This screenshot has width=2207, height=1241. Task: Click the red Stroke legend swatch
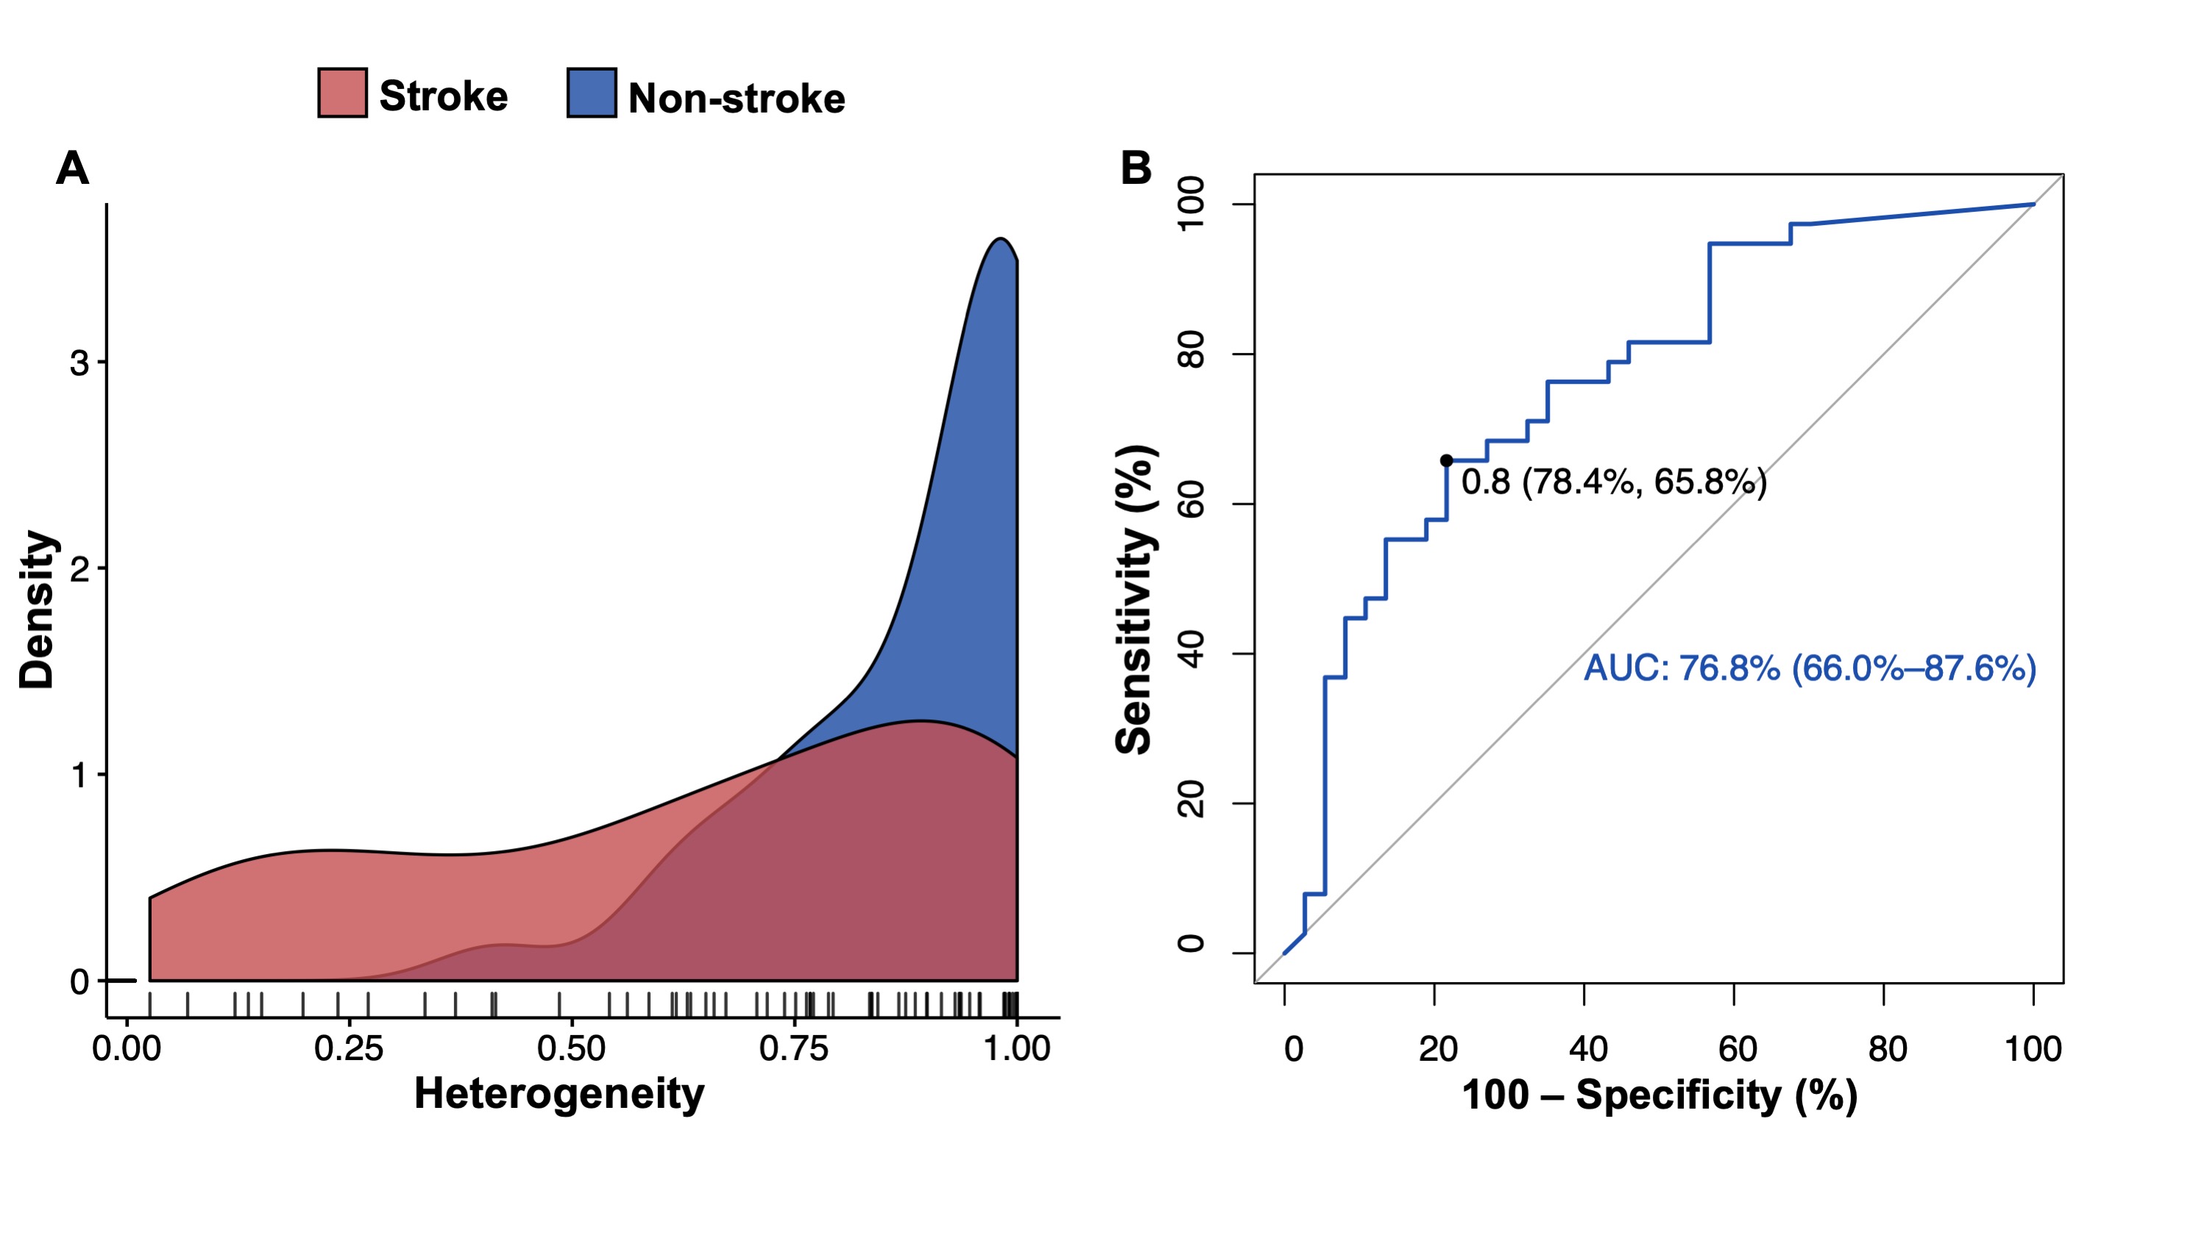point(343,93)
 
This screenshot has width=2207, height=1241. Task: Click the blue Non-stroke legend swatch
point(591,93)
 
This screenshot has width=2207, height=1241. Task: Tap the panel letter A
point(72,168)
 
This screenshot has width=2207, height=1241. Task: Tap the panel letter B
point(1136,168)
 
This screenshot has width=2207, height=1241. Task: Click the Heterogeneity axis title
point(559,1095)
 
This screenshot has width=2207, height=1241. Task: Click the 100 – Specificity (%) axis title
point(1659,1095)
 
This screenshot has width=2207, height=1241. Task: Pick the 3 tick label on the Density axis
point(79,363)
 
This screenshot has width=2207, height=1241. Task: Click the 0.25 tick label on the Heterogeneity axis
point(348,1049)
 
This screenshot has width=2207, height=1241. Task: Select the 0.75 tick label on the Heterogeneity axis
point(793,1049)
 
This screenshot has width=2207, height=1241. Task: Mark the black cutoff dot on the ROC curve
point(1446,461)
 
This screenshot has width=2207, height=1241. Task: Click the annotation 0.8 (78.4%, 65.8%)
point(1614,482)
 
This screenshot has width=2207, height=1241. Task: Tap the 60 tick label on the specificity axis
point(1737,1049)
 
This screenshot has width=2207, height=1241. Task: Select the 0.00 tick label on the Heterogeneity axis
point(126,1049)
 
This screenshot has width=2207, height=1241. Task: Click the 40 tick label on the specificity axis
point(1587,1049)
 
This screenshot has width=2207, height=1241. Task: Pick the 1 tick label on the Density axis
point(79,775)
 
